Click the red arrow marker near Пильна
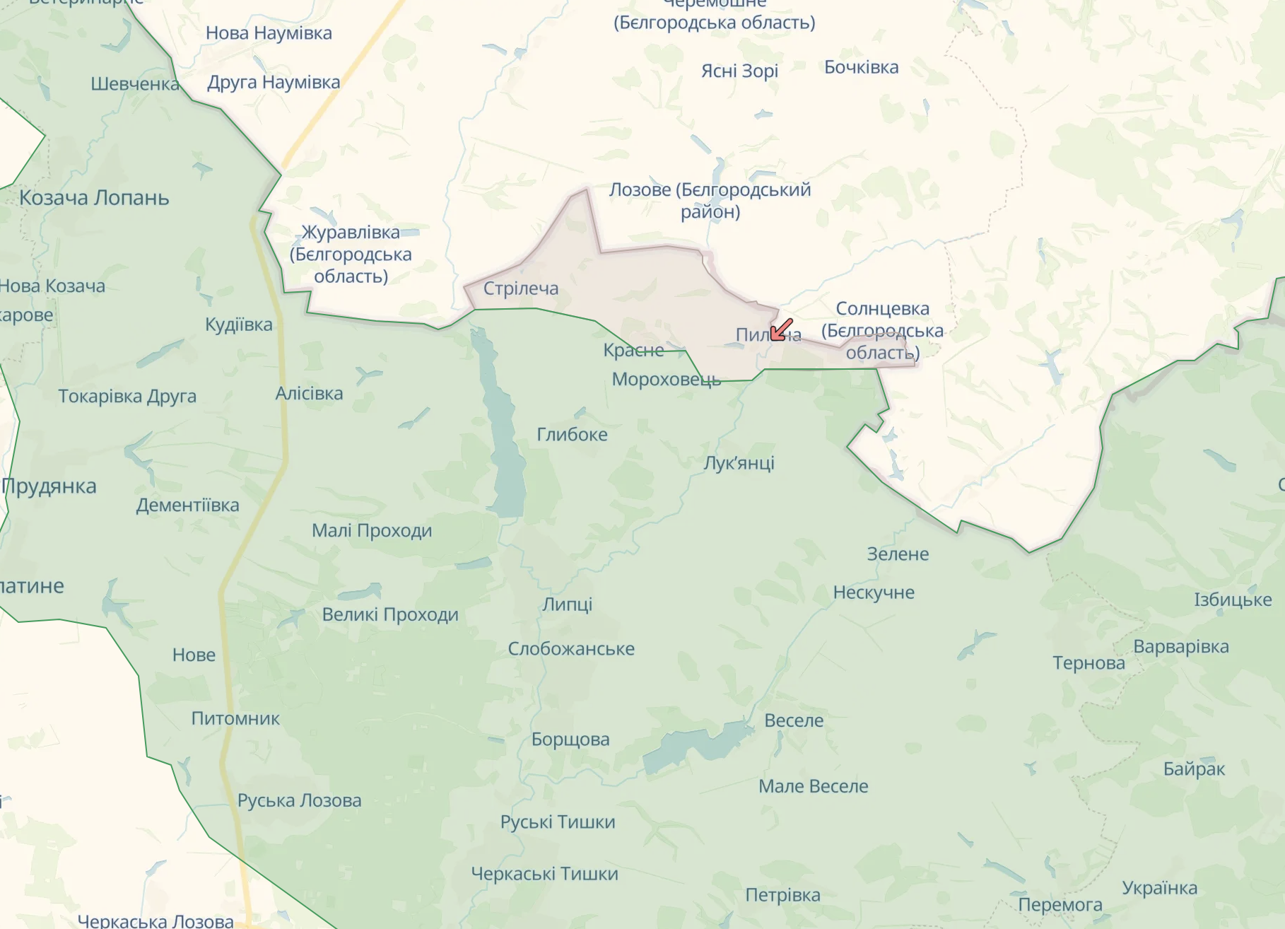pyautogui.click(x=780, y=329)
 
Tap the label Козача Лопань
pyautogui.click(x=94, y=198)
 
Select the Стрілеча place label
pyautogui.click(x=521, y=288)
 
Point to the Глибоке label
pyautogui.click(x=572, y=434)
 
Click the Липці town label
pyautogui.click(x=567, y=604)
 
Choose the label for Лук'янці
pyautogui.click(x=739, y=463)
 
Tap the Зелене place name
pyautogui.click(x=898, y=554)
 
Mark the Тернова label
pyautogui.click(x=1089, y=663)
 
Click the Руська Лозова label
pyautogui.click(x=299, y=800)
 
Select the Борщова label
pyautogui.click(x=570, y=740)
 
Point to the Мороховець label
pyautogui.click(x=666, y=380)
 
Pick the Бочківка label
pyautogui.click(x=861, y=68)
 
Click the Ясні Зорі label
pyautogui.click(x=739, y=71)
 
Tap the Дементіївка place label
pyautogui.click(x=187, y=506)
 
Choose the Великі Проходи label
pyautogui.click(x=390, y=615)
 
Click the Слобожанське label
pyautogui.click(x=571, y=649)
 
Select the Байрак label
pyautogui.click(x=1194, y=769)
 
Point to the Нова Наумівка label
pyautogui.click(x=269, y=33)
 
